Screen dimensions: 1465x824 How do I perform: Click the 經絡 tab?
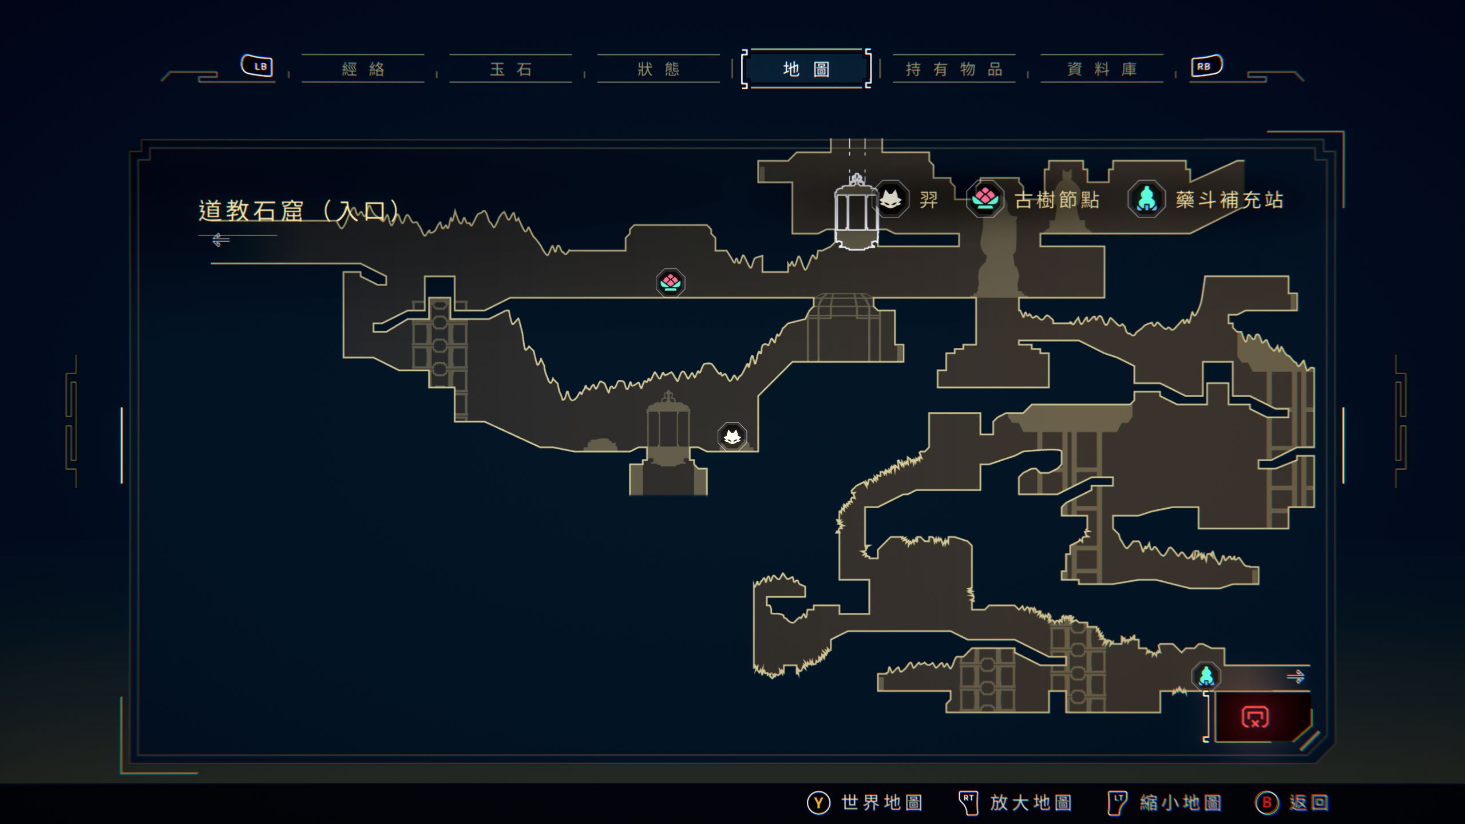[x=363, y=69]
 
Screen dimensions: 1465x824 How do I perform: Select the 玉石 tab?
[x=510, y=69]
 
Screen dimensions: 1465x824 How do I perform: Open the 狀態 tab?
[x=658, y=69]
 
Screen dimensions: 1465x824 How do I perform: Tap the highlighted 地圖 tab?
[x=806, y=69]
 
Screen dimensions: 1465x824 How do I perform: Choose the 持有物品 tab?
[x=954, y=69]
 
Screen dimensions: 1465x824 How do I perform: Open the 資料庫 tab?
[x=1102, y=69]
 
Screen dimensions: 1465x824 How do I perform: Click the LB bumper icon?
[x=257, y=66]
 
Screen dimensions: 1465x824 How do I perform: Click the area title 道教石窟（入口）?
[x=298, y=211]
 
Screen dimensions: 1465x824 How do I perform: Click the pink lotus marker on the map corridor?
[x=670, y=283]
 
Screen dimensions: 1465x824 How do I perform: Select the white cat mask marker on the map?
[x=732, y=437]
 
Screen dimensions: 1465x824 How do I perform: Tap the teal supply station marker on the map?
[x=1206, y=676]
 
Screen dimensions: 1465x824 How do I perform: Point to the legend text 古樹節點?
[x=1056, y=200]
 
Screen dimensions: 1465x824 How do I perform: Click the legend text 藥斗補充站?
[x=1229, y=200]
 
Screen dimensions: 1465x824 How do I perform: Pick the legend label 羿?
[x=929, y=200]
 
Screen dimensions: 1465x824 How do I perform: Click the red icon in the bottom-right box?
[x=1255, y=717]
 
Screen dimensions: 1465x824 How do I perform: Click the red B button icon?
[x=1266, y=803]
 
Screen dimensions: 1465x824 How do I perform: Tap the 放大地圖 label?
[x=1031, y=803]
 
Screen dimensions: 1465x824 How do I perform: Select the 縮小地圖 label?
[x=1180, y=803]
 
